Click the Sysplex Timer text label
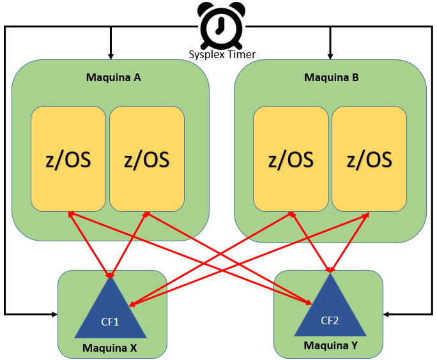[x=222, y=54]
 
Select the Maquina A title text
[x=114, y=77]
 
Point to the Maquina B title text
[x=332, y=77]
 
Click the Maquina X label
[x=109, y=348]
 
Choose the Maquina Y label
[x=330, y=345]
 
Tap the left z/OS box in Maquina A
[x=68, y=159]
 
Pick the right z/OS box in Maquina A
[x=147, y=159]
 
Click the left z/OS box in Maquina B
[x=291, y=159]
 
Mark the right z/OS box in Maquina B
[x=369, y=159]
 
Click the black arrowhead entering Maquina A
[x=111, y=57]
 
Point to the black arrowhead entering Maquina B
[x=330, y=57]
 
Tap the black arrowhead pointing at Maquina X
[x=55, y=314]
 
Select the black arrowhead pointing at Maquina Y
[x=386, y=314]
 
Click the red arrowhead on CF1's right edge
[x=132, y=304]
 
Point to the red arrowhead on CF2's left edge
[x=308, y=303]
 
